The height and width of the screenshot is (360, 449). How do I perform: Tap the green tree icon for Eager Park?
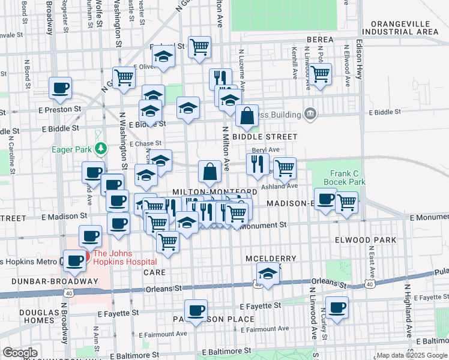102,148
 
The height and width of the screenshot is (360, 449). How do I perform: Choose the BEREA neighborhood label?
319,40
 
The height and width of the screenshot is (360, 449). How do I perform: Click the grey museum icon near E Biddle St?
310,113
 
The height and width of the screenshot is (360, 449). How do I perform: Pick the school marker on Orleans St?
268,275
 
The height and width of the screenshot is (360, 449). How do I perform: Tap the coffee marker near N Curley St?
337,307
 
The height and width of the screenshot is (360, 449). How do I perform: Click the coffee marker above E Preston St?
60,88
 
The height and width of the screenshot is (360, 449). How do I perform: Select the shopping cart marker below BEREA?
320,74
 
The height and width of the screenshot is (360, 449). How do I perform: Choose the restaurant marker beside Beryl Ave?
258,163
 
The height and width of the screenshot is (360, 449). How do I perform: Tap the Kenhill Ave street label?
295,64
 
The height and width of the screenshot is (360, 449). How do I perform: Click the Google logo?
20,353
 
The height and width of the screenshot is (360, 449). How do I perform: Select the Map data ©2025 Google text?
412,355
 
